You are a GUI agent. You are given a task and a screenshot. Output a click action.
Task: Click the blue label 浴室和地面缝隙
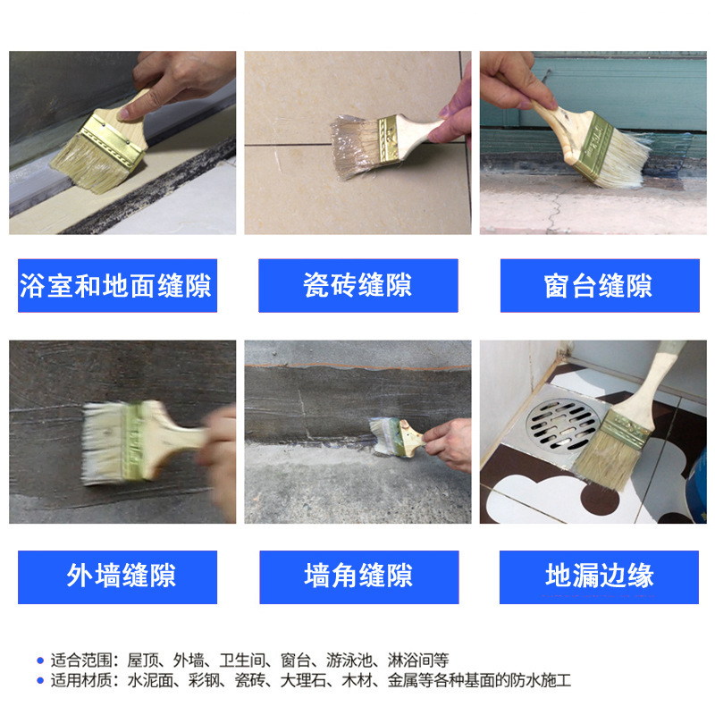click(x=117, y=285)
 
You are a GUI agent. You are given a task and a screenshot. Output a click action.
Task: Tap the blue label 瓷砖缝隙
click(x=358, y=285)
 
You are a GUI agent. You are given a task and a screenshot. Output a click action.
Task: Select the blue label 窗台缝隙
click(x=600, y=285)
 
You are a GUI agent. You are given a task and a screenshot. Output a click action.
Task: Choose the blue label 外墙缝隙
click(x=117, y=576)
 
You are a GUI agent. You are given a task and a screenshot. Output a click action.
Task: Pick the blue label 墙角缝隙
click(x=359, y=576)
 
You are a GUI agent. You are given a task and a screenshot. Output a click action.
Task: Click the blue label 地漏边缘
click(x=599, y=576)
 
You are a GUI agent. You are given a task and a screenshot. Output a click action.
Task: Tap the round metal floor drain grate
click(x=563, y=425)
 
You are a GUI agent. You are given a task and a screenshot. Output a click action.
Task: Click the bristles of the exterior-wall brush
click(x=104, y=443)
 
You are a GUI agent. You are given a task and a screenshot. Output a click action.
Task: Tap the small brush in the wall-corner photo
click(x=398, y=438)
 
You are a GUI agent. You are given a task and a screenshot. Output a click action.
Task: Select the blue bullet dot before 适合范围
click(x=40, y=660)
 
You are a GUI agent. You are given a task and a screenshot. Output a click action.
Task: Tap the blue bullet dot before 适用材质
click(x=40, y=681)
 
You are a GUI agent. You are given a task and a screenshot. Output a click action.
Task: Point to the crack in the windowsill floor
click(x=554, y=212)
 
